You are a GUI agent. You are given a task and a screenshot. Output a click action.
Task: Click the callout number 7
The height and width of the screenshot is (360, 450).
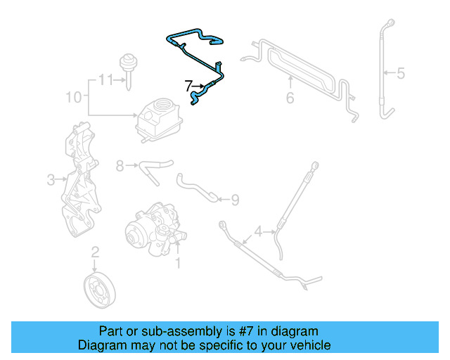point(188,86)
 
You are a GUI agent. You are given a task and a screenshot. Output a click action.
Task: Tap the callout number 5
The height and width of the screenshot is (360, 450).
point(401,72)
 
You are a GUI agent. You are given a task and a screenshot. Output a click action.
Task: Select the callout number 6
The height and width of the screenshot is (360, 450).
point(290,98)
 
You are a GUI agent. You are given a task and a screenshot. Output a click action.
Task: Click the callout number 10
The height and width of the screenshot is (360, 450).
point(73,96)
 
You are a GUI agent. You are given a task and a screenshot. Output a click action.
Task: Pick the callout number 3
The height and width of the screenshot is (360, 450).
point(51,181)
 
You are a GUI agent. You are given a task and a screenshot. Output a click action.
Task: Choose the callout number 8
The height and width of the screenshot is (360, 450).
point(120,166)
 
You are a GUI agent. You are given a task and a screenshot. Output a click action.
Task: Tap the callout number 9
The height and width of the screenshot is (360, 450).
point(235,200)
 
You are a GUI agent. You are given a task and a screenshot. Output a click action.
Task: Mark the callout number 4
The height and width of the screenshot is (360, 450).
point(259,231)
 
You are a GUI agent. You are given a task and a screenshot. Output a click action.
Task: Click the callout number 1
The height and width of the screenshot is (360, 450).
point(178,264)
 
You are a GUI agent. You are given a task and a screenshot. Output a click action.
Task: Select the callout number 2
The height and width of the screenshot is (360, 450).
point(96,252)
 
